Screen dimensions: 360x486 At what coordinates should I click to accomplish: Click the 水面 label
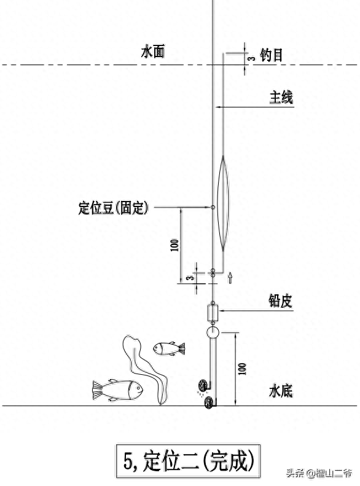tap(153, 52)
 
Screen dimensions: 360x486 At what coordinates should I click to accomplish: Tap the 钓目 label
tap(272, 55)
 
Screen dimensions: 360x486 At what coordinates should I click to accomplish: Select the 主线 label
tap(281, 97)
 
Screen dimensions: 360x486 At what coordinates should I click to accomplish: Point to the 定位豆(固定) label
tap(114, 207)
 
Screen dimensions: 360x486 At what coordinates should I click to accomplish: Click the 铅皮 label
tap(280, 300)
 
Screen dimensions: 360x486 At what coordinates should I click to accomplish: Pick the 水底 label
tap(281, 391)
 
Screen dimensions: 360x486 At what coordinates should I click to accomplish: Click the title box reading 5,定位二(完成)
tap(188, 461)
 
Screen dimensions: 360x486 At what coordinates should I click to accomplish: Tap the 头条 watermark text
tap(295, 473)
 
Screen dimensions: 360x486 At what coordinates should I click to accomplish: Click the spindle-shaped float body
tap(224, 203)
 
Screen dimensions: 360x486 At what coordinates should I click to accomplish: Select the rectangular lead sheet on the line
tap(213, 313)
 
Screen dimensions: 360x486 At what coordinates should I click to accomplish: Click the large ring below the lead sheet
tap(213, 332)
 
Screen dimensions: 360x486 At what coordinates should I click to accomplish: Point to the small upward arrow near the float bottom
tap(230, 278)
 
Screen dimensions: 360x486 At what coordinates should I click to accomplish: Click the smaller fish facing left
tap(169, 348)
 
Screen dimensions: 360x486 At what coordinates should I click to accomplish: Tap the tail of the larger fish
tap(98, 390)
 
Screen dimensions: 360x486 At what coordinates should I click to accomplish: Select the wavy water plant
tap(146, 370)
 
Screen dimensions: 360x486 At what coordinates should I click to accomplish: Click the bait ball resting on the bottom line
tap(208, 402)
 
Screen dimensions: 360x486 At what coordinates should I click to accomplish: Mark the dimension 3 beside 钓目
tap(252, 58)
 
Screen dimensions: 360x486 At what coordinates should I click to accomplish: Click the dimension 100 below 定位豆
tap(174, 245)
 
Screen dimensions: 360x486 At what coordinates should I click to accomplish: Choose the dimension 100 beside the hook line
tap(243, 369)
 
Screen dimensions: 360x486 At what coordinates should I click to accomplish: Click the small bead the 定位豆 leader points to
tap(213, 207)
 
